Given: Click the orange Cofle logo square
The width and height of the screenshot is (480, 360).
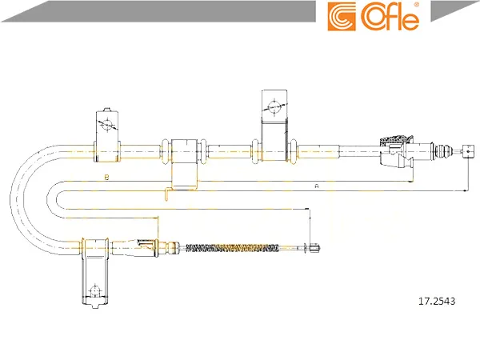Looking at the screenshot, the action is tap(342, 17).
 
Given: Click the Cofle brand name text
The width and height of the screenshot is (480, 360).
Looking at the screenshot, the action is tap(390, 17).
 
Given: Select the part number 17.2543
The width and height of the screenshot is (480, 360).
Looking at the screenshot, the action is tap(437, 302).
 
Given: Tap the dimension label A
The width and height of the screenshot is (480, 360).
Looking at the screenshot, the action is tap(317, 186).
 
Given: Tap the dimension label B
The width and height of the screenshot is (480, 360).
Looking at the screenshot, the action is tap(106, 178).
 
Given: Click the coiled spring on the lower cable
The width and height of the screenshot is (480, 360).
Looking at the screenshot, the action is tap(232, 248).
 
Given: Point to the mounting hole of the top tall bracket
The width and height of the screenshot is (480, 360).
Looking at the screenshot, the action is tap(274, 107).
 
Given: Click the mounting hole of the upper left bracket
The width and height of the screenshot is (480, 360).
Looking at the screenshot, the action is tap(107, 124).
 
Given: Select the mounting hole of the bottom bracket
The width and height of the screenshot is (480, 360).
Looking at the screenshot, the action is tap(95, 291).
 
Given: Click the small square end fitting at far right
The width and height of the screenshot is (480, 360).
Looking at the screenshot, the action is tap(468, 151).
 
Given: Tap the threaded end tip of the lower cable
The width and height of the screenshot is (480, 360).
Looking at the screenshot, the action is tap(315, 248).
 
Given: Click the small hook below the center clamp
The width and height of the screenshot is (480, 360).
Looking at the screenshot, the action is tap(167, 194).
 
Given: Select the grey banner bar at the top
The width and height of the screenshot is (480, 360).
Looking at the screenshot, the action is tap(159, 11).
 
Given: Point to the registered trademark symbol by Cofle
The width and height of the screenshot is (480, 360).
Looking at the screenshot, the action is tap(416, 6).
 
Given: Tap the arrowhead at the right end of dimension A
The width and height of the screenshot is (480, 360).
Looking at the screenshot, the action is tap(465, 190).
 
